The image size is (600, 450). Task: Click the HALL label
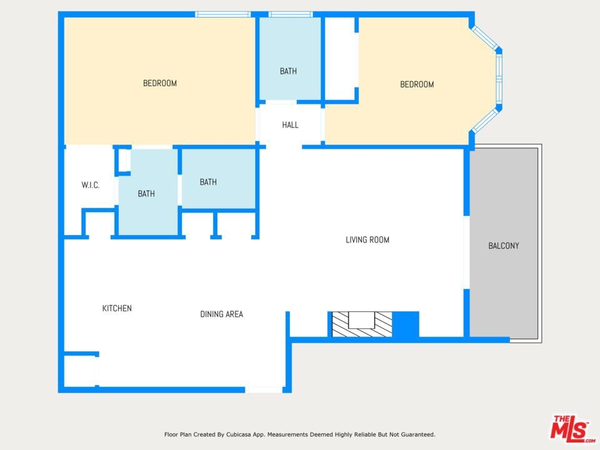click(290, 125)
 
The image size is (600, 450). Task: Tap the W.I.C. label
click(90, 185)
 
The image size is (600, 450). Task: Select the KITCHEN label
click(117, 308)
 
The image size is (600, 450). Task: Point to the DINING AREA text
click(221, 314)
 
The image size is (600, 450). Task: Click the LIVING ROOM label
click(367, 240)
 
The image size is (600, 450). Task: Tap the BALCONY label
click(504, 246)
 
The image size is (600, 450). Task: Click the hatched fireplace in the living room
click(362, 324)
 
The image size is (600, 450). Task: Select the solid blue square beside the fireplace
click(406, 324)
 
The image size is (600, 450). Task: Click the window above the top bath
click(291, 14)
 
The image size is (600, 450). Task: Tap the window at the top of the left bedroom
click(222, 14)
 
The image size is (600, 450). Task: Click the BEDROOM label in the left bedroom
click(160, 83)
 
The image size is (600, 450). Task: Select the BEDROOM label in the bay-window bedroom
click(417, 84)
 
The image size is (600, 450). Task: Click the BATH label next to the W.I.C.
click(146, 194)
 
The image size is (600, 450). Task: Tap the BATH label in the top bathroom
click(288, 71)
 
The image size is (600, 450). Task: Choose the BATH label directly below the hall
click(208, 182)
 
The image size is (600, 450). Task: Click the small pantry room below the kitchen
click(79, 371)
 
